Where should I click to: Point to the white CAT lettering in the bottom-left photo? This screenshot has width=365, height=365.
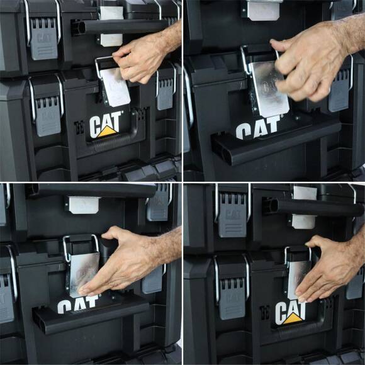(78, 305)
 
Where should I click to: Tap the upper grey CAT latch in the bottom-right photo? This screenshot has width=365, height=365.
(233, 214)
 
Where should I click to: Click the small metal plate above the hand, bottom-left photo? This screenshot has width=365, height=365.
(84, 204)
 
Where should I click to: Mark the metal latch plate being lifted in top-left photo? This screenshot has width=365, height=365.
(115, 86)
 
